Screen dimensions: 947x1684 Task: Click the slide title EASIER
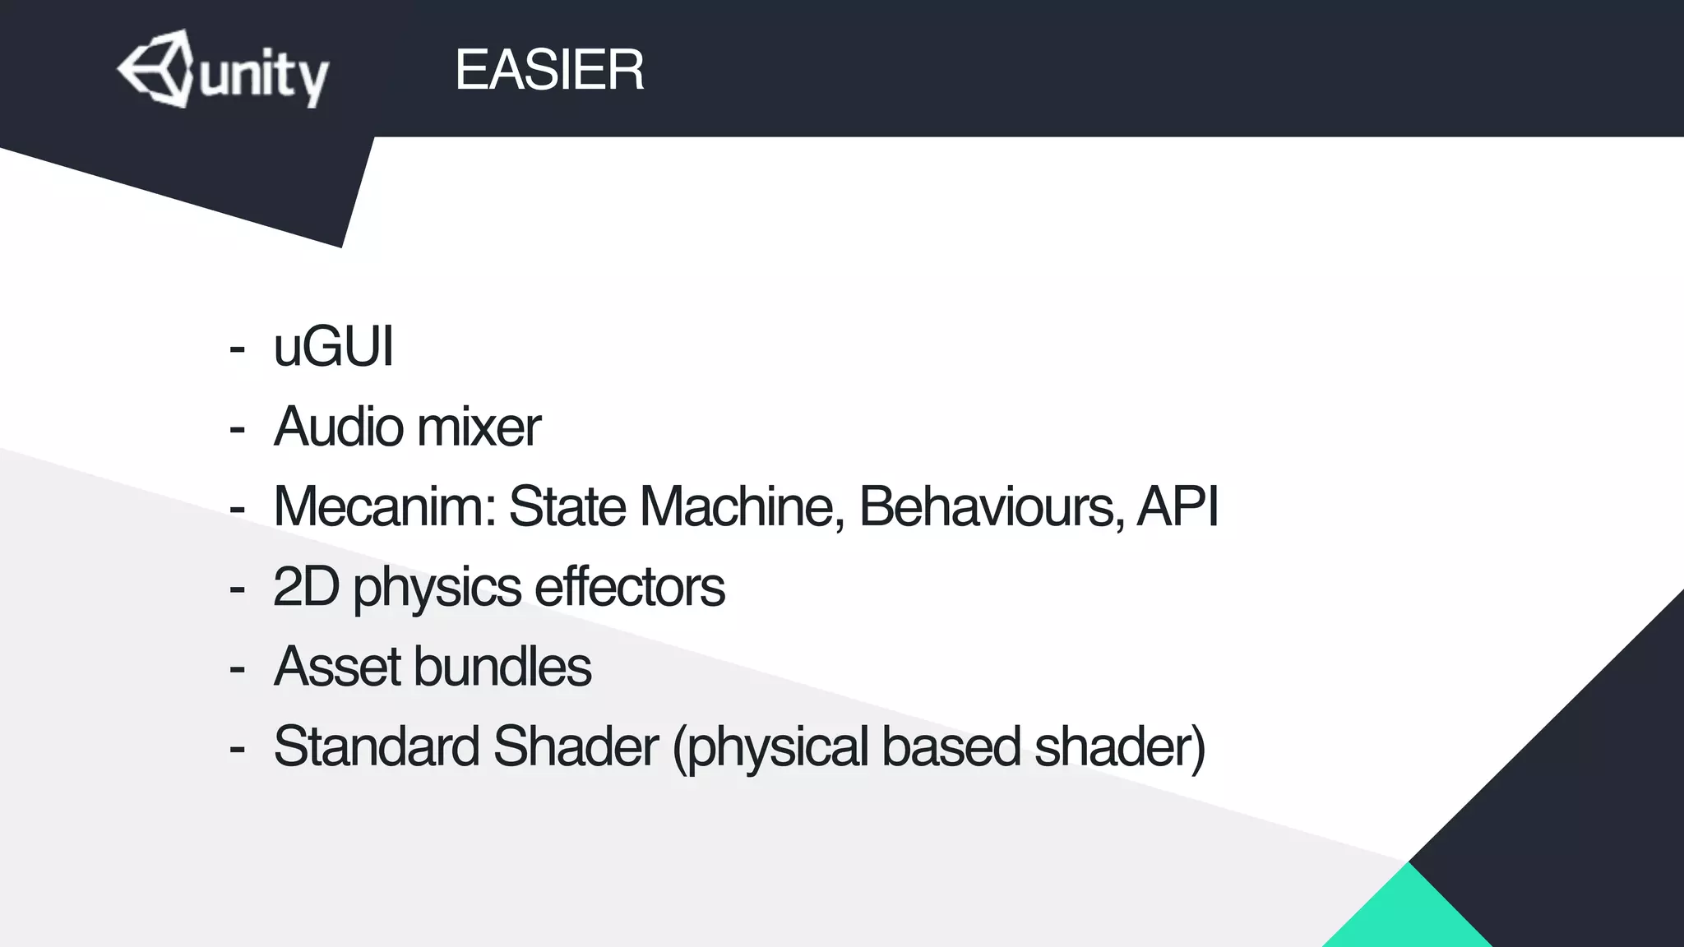coord(548,70)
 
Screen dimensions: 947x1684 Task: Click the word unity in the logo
coord(263,77)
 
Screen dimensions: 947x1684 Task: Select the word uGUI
coord(333,347)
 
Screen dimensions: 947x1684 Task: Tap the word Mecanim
coord(384,506)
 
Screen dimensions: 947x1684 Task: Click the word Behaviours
coord(992,506)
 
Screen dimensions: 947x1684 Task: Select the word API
coord(1177,506)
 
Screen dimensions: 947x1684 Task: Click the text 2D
coord(305,586)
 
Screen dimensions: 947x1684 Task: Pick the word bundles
coord(502,666)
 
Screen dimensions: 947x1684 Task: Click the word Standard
coord(376,746)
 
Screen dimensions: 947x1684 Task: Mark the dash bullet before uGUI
coord(238,349)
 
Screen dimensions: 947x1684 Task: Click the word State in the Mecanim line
coord(567,506)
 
